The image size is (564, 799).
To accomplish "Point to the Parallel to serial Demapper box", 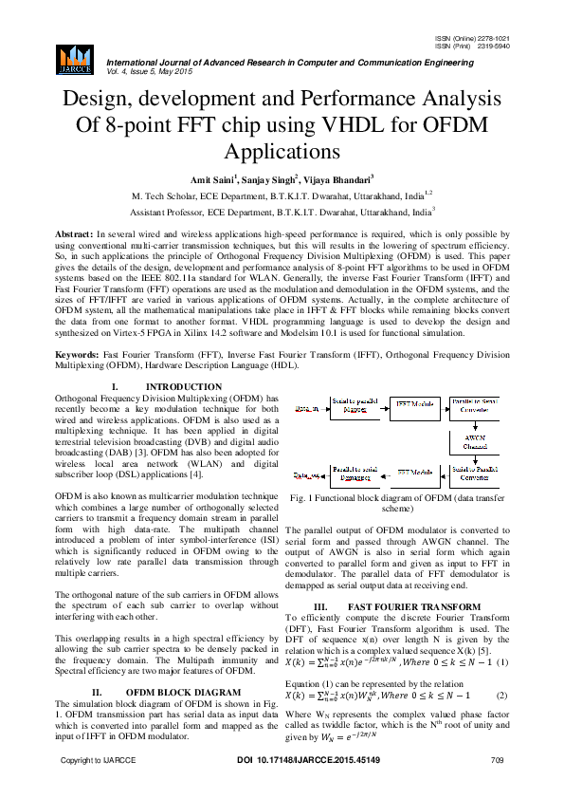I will click(355, 472).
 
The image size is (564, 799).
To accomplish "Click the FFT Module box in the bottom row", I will click(416, 472).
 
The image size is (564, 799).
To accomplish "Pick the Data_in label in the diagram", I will click(305, 408).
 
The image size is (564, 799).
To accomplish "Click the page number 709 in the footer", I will click(496, 787).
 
